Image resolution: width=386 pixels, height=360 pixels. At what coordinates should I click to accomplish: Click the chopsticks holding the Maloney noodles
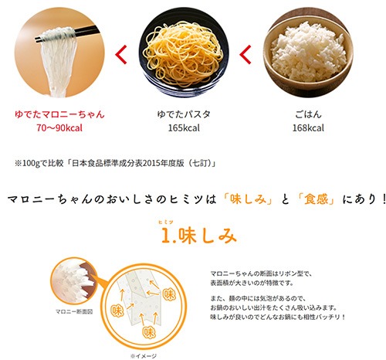pyautogui.click(x=67, y=33)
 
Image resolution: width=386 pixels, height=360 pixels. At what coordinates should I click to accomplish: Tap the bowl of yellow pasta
pyautogui.click(x=184, y=53)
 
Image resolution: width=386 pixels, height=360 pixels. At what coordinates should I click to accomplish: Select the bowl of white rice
pyautogui.click(x=308, y=53)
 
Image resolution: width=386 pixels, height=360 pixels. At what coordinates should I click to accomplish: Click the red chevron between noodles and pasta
pyautogui.click(x=120, y=54)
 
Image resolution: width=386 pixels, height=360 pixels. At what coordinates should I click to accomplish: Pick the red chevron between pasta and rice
pyautogui.click(x=245, y=54)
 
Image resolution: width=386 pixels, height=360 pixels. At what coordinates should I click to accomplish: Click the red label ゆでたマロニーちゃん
pyautogui.click(x=59, y=114)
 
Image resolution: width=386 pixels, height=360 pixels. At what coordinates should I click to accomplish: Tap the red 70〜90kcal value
pyautogui.click(x=59, y=127)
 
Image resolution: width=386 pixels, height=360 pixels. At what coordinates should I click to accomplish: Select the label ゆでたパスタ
pyautogui.click(x=184, y=114)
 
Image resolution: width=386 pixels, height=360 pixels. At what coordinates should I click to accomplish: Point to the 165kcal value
pyautogui.click(x=184, y=127)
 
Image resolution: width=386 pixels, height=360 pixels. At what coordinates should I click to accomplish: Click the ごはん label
pyautogui.click(x=308, y=114)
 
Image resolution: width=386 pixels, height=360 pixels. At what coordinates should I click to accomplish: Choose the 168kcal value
pyautogui.click(x=308, y=127)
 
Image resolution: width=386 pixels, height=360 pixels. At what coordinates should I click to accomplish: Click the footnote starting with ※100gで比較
pyautogui.click(x=115, y=163)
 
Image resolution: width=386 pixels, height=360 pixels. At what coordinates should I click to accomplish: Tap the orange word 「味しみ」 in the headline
pyautogui.click(x=248, y=199)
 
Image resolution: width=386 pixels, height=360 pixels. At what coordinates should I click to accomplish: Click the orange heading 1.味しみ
pyautogui.click(x=198, y=236)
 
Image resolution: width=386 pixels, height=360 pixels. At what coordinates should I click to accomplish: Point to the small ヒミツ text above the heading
pyautogui.click(x=166, y=222)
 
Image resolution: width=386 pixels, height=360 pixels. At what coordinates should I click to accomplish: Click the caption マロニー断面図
pyautogui.click(x=74, y=312)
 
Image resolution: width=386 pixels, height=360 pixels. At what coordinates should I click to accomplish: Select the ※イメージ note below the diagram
pyautogui.click(x=144, y=356)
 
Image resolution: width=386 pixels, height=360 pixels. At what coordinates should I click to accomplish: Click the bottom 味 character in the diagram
pyautogui.click(x=149, y=332)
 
